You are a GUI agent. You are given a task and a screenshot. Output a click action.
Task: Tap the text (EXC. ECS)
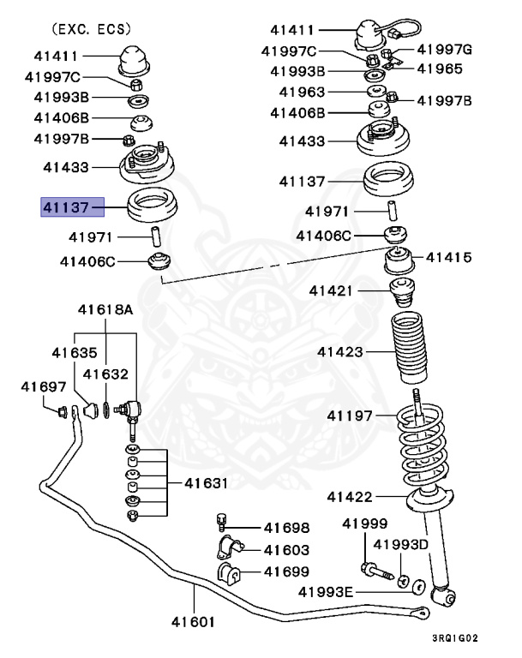(89, 29)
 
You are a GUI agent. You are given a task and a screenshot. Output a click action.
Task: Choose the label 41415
(448, 256)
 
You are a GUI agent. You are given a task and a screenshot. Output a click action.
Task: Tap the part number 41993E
(327, 590)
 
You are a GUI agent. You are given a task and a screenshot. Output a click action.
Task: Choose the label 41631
(206, 483)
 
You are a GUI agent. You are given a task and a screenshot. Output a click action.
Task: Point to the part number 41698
(286, 528)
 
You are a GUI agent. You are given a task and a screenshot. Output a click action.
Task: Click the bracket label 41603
(286, 550)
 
